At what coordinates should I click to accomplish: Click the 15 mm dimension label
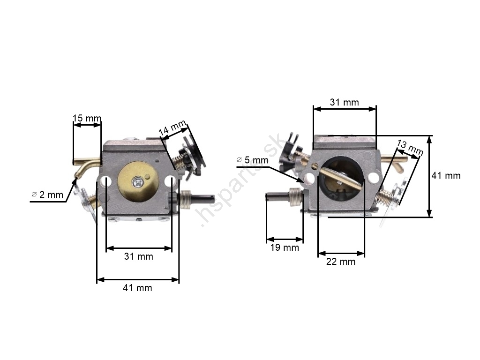pos(87,118)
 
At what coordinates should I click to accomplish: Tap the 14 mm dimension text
pos(172,127)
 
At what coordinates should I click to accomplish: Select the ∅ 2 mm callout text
pos(47,195)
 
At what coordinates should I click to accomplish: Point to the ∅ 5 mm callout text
pos(252,160)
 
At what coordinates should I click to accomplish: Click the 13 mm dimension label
pos(410,147)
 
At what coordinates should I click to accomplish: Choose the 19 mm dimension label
pos(285,247)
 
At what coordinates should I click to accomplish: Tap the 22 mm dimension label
pos(341,262)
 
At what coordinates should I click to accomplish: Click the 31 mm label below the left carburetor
pos(138,256)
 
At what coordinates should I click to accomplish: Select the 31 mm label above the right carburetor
pos(345,102)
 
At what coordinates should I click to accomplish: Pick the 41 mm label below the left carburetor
pos(137,288)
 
